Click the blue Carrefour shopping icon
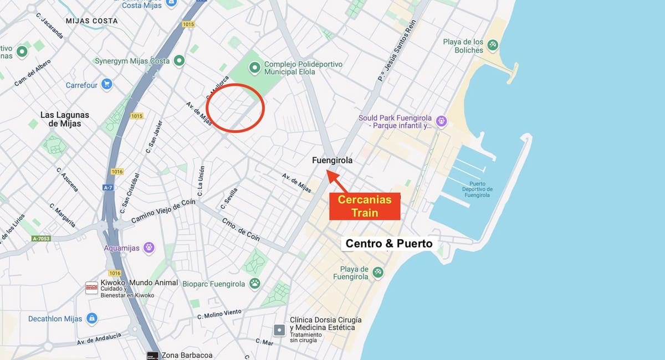106,85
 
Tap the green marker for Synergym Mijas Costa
179,60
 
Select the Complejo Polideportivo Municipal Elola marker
254,68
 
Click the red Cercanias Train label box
365,206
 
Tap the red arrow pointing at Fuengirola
338,181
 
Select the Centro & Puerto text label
388,243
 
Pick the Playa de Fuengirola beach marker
377,272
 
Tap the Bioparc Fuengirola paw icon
254,284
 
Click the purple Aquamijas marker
148,248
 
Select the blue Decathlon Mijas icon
92,318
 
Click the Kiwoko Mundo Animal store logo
91,287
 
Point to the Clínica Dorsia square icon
280,330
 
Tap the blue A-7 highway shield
108,188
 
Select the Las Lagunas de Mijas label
65,119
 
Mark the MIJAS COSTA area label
91,21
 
